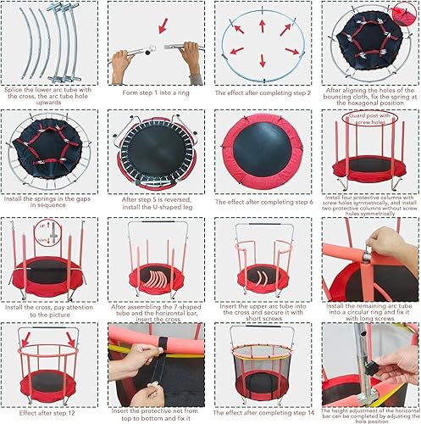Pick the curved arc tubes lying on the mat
click(158, 278)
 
